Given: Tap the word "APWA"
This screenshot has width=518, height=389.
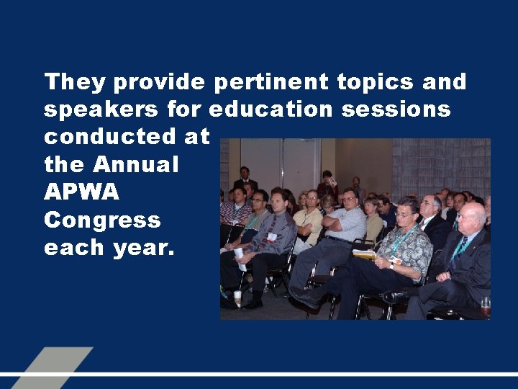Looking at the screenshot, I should [x=81, y=192].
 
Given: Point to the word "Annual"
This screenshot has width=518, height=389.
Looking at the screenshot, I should [x=135, y=165].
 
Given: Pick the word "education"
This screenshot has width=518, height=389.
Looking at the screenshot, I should [x=271, y=110].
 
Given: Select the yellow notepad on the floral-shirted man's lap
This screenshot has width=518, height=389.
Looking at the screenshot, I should [x=365, y=254].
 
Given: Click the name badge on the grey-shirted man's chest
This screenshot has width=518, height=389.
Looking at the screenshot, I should [x=272, y=236].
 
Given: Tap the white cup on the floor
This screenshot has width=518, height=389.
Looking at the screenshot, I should [x=237, y=298].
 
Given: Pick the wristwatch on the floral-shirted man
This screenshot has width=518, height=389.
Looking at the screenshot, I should [x=392, y=264].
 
